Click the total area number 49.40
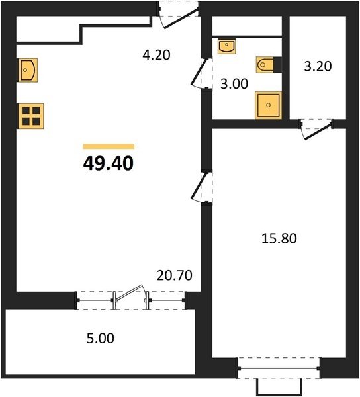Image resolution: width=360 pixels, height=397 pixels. pos(109,163)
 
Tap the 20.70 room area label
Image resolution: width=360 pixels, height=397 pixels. pos(175,275)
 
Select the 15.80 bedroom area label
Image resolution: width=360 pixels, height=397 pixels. pos(279,238)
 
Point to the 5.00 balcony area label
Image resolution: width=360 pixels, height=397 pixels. pos(100,339)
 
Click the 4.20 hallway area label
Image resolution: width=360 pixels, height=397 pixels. pos(156,55)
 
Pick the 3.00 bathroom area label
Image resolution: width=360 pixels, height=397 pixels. pos(234,84)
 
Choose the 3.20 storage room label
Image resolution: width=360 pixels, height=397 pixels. pos(318,66)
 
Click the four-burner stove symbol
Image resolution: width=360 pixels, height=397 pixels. pos(30,116)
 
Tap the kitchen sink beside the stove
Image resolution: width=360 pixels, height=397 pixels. pos(28,70)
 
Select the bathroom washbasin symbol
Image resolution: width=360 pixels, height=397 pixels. pos(226,46)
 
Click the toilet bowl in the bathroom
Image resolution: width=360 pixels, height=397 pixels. pos(265,65)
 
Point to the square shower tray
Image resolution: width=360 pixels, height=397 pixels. pos(269,105)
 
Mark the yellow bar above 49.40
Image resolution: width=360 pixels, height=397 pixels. pos(109,146)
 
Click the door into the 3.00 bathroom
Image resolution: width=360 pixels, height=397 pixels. pos(202,72)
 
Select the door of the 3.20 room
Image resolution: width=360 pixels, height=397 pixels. pos(317,129)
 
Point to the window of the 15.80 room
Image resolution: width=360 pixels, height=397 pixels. pos(279,368)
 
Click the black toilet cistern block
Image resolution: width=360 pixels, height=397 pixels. pos(277,65)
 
